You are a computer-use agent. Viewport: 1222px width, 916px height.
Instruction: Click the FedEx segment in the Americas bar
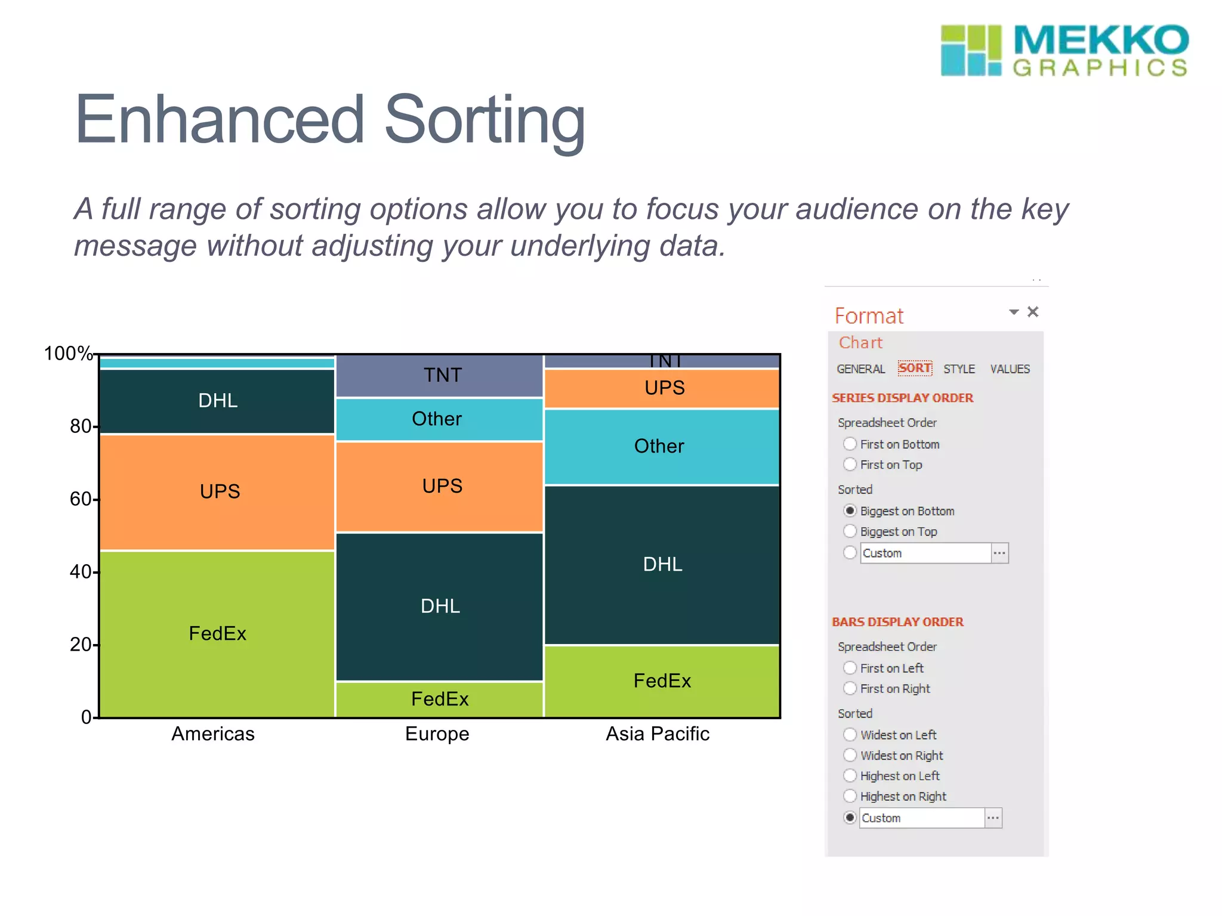[x=217, y=633]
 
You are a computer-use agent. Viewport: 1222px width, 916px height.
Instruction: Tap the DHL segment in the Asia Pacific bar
[x=662, y=564]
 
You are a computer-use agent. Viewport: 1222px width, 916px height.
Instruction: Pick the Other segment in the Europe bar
[x=437, y=419]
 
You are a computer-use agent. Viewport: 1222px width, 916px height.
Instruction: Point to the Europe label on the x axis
[x=437, y=734]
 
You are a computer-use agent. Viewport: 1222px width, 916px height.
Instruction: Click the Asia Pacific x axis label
[x=658, y=734]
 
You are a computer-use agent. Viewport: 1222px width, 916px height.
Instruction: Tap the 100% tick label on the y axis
[x=68, y=353]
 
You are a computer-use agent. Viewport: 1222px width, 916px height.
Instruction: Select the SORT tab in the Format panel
[x=914, y=369]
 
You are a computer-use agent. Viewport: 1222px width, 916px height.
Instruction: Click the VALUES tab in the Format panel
[x=1010, y=369]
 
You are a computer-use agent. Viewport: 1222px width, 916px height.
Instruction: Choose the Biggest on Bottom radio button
[x=850, y=510]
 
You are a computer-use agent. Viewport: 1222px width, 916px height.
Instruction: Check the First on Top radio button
[x=850, y=464]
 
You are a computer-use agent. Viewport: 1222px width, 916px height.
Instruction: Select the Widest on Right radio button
[x=850, y=755]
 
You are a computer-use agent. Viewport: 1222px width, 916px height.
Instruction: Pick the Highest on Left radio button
[x=850, y=775]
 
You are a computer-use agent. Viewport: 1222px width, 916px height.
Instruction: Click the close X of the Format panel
[x=1033, y=312]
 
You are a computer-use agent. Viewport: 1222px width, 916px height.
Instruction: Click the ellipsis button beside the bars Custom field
[x=993, y=818]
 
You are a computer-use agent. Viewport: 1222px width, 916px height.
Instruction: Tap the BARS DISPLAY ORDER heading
[x=897, y=622]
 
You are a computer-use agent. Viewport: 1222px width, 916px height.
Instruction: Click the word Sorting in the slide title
[x=485, y=121]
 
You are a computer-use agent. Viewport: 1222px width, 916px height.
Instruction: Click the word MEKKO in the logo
[x=1101, y=41]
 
